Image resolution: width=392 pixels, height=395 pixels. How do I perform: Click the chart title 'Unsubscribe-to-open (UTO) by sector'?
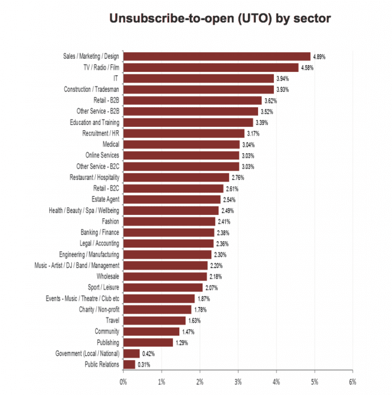click(x=220, y=19)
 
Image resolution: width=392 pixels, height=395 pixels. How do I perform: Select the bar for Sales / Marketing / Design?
click(x=217, y=56)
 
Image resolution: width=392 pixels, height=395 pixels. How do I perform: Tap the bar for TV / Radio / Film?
click(x=211, y=67)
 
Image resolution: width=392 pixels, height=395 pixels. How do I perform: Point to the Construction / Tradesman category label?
click(x=92, y=89)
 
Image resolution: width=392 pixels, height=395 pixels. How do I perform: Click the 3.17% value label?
click(x=253, y=134)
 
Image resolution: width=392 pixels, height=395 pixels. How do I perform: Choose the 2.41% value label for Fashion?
click(x=224, y=222)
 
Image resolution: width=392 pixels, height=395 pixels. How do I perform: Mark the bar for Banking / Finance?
click(x=169, y=232)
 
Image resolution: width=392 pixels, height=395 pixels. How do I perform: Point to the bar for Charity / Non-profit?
click(x=157, y=309)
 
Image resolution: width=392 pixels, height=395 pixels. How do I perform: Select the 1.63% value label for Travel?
click(x=194, y=320)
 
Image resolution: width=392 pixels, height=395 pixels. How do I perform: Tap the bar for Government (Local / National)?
click(x=131, y=353)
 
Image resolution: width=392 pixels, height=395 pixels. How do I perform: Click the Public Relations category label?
click(x=101, y=365)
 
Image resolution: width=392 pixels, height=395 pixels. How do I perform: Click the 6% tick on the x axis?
click(x=352, y=382)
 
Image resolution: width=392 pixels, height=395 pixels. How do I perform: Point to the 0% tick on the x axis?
click(x=123, y=382)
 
